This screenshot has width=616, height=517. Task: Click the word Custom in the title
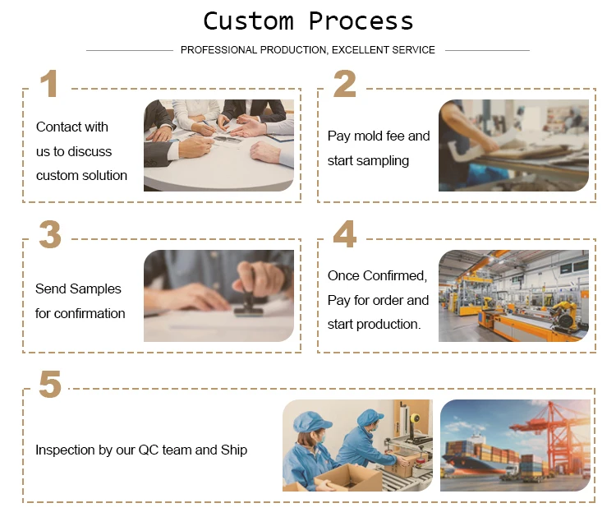pos(248,21)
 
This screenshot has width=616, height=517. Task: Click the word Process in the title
pos(361,21)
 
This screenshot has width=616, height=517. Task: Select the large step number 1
pos(49,83)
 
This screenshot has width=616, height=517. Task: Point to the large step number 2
pos(344,83)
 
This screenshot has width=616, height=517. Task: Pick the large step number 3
pos(50,234)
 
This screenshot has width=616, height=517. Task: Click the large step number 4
pos(344,234)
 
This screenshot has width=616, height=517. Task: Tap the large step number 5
pos(50,384)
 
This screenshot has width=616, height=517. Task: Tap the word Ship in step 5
pos(234,450)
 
